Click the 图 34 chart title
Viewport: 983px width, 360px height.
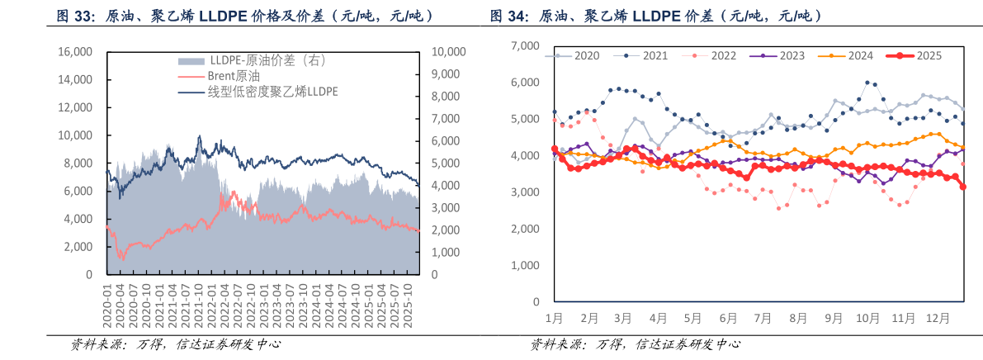[x=655, y=16]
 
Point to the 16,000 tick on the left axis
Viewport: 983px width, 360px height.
[x=75, y=52]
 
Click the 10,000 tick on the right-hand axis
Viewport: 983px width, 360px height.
[x=449, y=52]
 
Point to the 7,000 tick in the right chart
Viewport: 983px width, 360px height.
[x=526, y=46]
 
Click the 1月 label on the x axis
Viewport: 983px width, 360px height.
[x=555, y=317]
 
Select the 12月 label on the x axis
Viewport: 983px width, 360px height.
[x=938, y=317]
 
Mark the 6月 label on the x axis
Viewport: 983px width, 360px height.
[x=729, y=317]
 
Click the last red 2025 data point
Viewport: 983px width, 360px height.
[x=962, y=187]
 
